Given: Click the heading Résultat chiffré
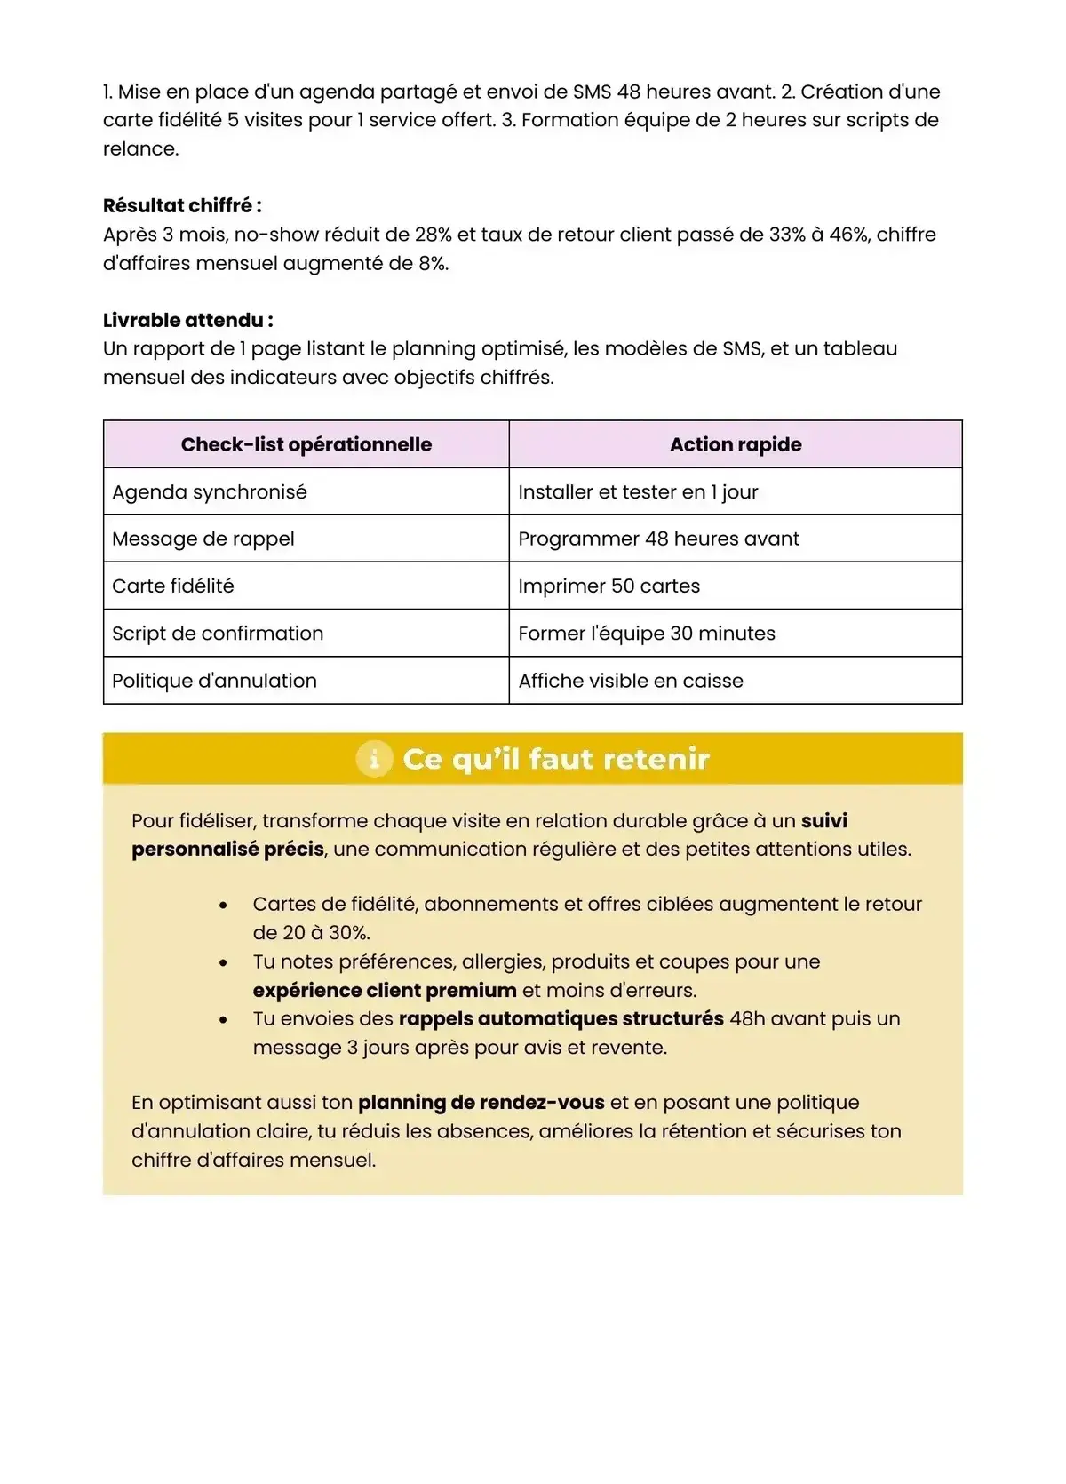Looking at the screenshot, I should (x=181, y=205).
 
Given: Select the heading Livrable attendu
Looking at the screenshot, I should (x=187, y=320).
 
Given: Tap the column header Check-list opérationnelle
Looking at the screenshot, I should (x=306, y=444).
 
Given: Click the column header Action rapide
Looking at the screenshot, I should (x=735, y=444).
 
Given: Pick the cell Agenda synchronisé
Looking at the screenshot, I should (x=210, y=491).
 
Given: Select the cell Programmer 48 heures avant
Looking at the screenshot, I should (x=658, y=539).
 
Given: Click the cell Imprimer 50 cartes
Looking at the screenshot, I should (x=609, y=586).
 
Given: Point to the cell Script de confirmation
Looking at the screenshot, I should (x=218, y=633).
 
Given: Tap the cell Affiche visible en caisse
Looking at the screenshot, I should (x=630, y=681).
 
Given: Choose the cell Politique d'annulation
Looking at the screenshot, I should (x=214, y=681).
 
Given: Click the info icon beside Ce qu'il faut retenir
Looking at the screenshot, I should (x=374, y=759).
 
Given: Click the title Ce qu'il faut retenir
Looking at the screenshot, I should (x=555, y=759).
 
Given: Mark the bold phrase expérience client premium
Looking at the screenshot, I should (x=384, y=990).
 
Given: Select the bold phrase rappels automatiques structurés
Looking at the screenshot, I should (x=561, y=1018).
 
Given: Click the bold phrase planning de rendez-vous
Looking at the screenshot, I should (x=481, y=1102).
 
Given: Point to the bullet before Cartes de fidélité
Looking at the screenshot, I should (x=223, y=905).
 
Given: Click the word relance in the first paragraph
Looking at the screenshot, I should (x=139, y=148).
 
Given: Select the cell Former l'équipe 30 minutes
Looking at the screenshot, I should (x=646, y=633).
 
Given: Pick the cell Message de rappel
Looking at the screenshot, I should (x=203, y=539).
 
